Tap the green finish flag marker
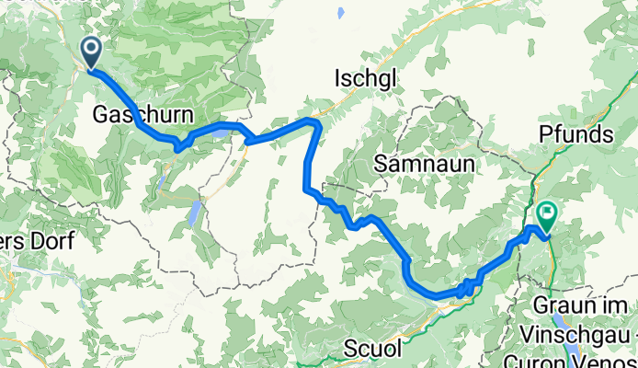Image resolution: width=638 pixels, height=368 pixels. pyautogui.click(x=547, y=217)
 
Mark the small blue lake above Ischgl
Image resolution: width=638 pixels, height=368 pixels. pyautogui.click(x=340, y=12)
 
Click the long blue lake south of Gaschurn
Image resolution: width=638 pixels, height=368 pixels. pyautogui.click(x=196, y=214)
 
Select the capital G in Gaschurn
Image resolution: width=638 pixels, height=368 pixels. pyautogui.click(x=101, y=115)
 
